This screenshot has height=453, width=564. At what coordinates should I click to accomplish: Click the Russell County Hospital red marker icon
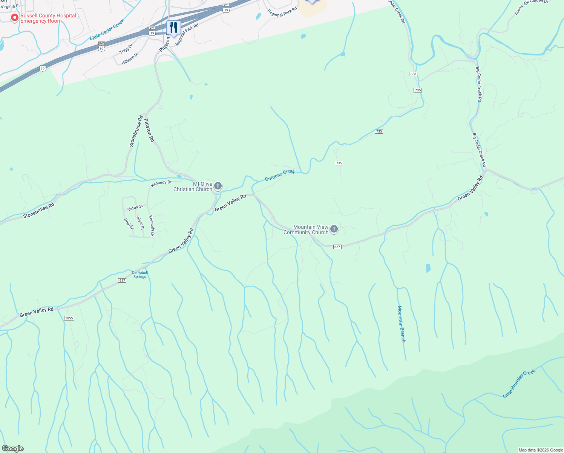(x=14, y=18)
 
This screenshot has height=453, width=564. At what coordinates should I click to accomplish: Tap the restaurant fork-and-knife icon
(x=173, y=27)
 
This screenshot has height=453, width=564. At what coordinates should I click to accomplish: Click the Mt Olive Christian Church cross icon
(x=218, y=186)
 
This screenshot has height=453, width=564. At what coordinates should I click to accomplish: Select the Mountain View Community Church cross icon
(x=334, y=229)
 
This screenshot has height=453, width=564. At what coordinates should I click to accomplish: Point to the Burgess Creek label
(x=280, y=175)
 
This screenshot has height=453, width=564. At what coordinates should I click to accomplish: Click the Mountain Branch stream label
(x=401, y=324)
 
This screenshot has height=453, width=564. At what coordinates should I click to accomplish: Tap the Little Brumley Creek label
(x=519, y=384)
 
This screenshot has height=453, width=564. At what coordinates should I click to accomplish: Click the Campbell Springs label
(x=140, y=274)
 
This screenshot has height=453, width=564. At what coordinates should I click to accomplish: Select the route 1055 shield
(x=69, y=318)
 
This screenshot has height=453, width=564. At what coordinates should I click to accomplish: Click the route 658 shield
(x=413, y=74)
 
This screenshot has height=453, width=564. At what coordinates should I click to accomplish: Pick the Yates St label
(x=135, y=208)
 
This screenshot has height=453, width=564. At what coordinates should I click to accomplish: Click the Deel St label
(x=129, y=223)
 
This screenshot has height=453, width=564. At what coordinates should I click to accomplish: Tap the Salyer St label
(x=139, y=222)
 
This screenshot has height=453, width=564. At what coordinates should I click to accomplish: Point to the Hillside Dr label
(x=130, y=59)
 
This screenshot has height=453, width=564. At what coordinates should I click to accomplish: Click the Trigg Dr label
(x=126, y=49)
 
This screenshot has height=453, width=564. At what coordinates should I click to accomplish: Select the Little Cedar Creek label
(x=107, y=30)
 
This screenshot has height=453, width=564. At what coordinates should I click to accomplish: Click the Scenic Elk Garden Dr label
(x=531, y=7)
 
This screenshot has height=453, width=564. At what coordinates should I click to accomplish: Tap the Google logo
(x=12, y=448)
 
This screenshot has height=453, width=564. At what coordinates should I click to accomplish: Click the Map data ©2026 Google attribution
(x=541, y=450)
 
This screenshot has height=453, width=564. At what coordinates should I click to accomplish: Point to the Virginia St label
(x=10, y=6)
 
